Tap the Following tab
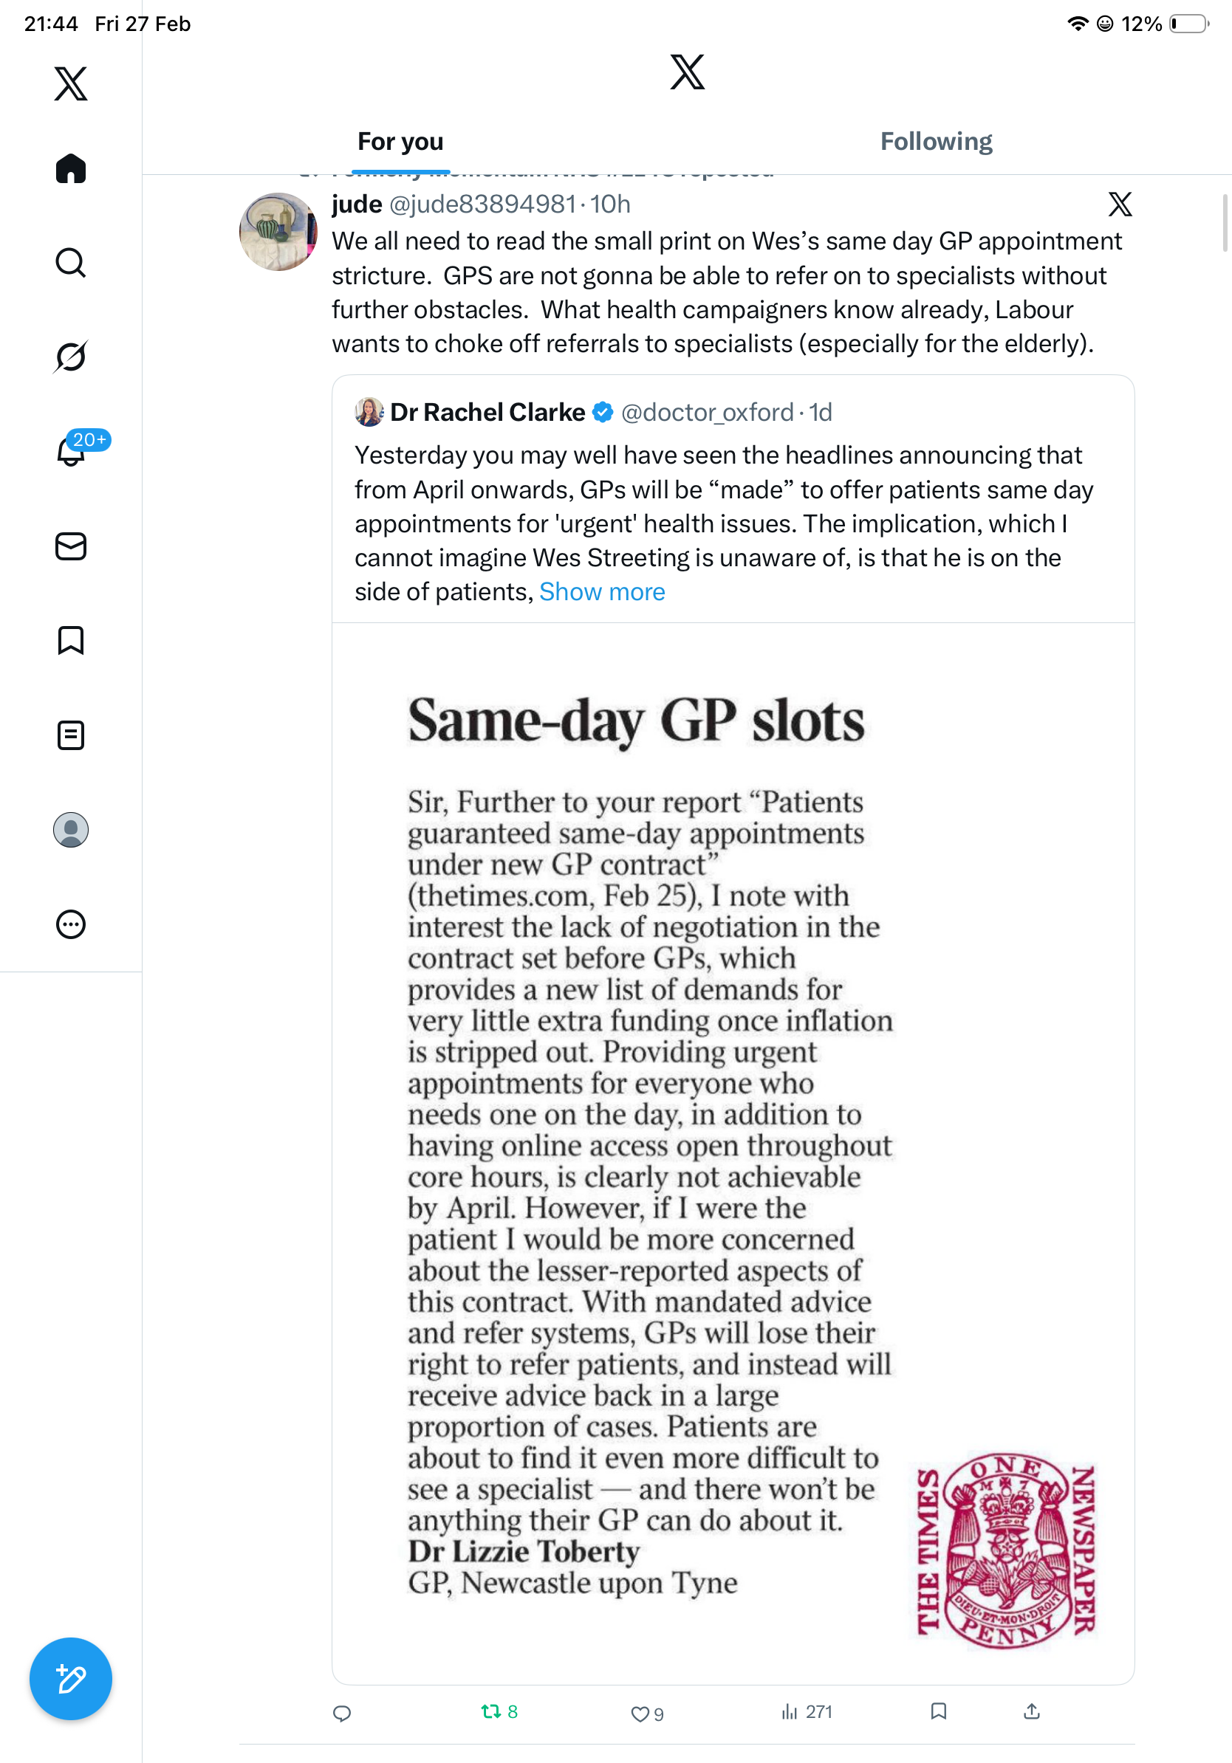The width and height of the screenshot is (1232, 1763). click(x=936, y=141)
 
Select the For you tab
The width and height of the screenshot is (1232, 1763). click(x=400, y=141)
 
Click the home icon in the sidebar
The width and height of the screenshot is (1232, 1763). click(x=71, y=168)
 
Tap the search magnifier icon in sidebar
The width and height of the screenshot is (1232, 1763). click(x=71, y=263)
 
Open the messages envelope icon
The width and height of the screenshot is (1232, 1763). click(x=71, y=546)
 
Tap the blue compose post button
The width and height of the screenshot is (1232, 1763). click(x=71, y=1679)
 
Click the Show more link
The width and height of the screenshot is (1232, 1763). click(x=601, y=592)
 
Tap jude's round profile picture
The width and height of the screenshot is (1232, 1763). click(x=278, y=232)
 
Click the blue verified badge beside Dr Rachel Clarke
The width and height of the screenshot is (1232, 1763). click(x=603, y=413)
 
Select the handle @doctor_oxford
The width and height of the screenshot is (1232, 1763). click(x=707, y=413)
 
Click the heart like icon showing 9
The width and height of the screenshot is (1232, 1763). click(x=639, y=1713)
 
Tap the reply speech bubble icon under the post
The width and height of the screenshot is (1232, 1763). click(x=342, y=1713)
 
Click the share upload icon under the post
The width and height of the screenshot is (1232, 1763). click(x=1032, y=1711)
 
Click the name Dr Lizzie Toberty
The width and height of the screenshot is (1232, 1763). click(x=523, y=1552)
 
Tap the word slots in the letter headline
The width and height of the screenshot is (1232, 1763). click(x=808, y=721)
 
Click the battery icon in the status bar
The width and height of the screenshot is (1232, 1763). click(x=1188, y=24)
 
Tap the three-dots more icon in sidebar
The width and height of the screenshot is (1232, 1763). click(x=71, y=924)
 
